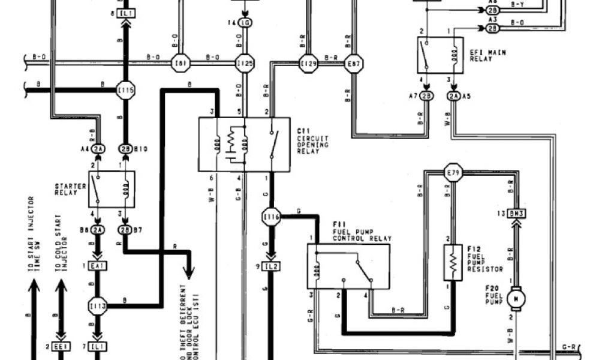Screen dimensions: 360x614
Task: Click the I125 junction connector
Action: point(245,63)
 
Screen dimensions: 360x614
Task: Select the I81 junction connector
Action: point(180,63)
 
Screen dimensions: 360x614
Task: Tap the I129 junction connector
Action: point(308,63)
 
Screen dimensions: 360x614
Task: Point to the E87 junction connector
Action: point(353,63)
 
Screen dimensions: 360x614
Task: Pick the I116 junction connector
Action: point(271,216)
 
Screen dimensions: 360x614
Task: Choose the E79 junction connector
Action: point(453,173)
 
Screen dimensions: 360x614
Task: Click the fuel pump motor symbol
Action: point(515,298)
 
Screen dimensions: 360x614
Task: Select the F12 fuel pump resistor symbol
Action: point(453,262)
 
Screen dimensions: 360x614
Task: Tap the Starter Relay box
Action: point(112,189)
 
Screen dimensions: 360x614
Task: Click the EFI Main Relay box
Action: point(440,55)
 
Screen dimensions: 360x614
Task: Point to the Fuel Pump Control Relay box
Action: point(348,266)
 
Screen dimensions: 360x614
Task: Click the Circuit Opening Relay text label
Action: point(313,141)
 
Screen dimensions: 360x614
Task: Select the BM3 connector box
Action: point(515,213)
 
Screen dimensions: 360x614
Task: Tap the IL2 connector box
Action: point(271,266)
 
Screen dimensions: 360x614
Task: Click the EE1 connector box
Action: point(60,347)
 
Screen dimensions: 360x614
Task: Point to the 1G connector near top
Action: point(245,23)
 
